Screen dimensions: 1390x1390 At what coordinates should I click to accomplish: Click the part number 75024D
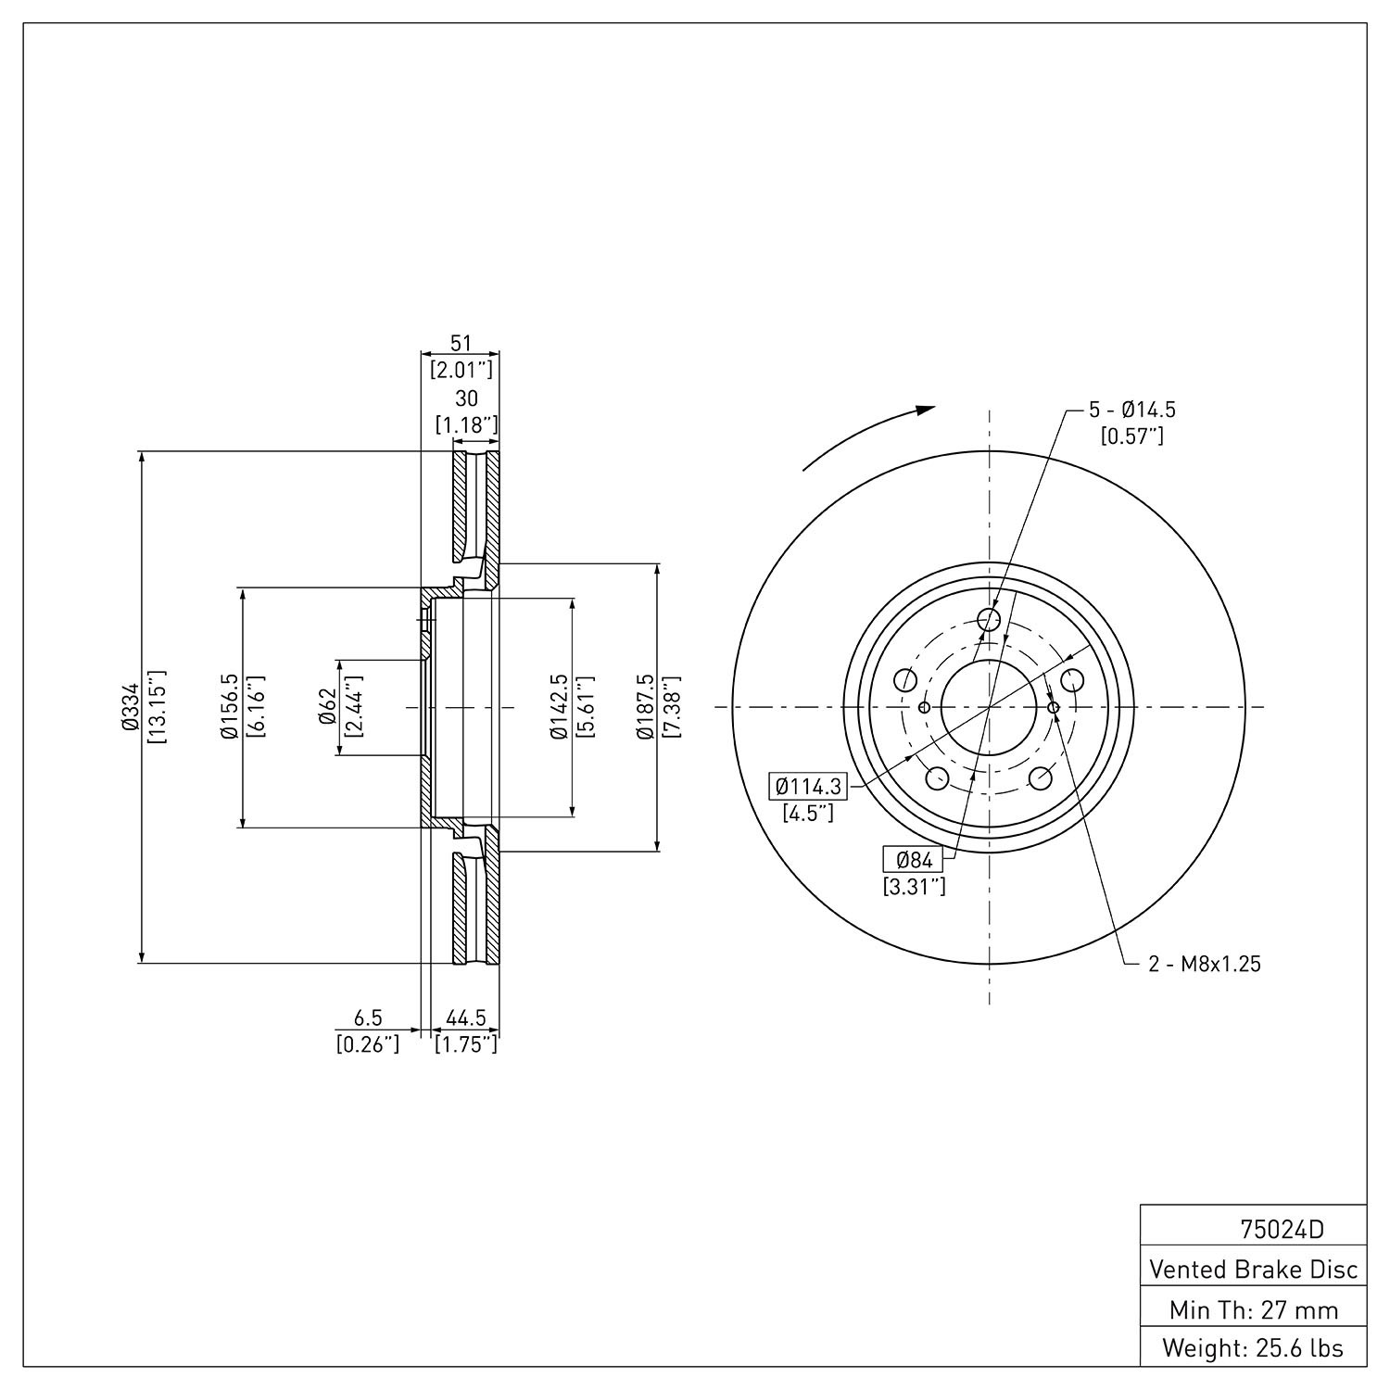click(1283, 1230)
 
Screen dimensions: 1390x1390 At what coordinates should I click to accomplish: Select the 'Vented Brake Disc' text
click(1254, 1270)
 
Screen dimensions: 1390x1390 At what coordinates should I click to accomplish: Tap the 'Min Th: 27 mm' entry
click(1254, 1309)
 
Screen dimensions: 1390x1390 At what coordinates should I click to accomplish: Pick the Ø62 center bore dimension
click(326, 707)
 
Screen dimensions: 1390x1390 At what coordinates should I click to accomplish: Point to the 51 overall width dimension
click(461, 343)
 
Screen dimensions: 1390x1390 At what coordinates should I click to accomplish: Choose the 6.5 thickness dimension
click(368, 1019)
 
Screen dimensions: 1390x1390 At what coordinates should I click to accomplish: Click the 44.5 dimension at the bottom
click(466, 1019)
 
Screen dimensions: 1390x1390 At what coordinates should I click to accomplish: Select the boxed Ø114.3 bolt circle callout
click(808, 787)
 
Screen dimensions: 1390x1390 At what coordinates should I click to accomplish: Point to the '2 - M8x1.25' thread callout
click(1205, 965)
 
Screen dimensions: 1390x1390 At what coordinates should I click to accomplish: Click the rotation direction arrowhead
click(924, 411)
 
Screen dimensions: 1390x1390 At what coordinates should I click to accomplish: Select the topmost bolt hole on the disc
click(990, 620)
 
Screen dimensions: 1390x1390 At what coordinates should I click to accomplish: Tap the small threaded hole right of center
click(1054, 708)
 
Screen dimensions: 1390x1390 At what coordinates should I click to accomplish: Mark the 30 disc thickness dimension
click(467, 398)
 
